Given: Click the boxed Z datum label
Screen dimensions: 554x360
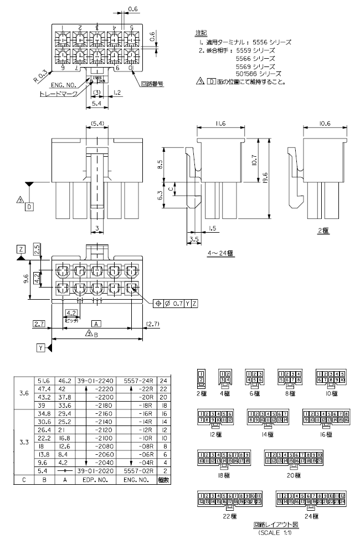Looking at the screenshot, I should click(x=20, y=250).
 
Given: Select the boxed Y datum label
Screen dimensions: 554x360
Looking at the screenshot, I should click(x=41, y=347).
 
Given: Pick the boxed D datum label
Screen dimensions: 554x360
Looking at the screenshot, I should click(x=29, y=207).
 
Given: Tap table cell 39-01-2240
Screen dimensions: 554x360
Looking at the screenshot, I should click(x=95, y=381).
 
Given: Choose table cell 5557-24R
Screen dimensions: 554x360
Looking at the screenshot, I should click(x=136, y=381).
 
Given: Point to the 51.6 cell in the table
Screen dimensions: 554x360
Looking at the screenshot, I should click(x=44, y=381).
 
